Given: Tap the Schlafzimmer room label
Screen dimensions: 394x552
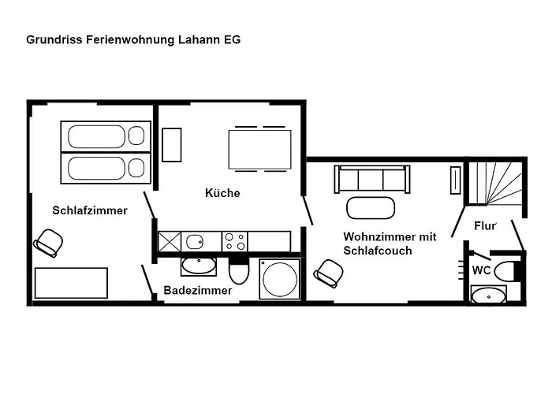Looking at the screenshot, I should coord(90,210).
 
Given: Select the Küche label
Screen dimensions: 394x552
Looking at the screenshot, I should coord(222,193).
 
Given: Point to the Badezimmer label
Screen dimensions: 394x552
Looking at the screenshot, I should coord(198,291).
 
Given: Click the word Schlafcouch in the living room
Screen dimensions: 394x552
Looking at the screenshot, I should coord(378,251).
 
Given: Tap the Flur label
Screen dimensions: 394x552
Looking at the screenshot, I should coord(485,226).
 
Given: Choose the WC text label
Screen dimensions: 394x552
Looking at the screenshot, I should coord(481,269).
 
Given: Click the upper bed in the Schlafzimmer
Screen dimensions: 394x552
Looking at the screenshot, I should coord(106,136).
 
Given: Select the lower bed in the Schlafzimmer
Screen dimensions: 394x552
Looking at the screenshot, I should coord(106,167).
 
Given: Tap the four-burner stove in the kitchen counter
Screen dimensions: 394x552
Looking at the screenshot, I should coord(235,240).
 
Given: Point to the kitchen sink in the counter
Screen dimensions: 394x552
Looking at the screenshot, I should coord(193,240).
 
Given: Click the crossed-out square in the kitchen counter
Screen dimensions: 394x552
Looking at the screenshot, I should coord(170,240).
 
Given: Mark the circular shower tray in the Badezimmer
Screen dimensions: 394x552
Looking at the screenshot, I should coord(280,279).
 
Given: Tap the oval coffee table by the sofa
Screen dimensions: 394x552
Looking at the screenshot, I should coord(370,208).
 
